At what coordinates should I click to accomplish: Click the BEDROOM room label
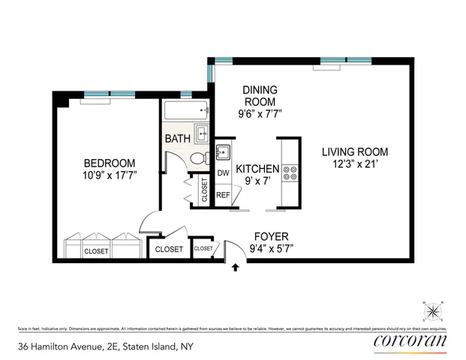tap(109, 163)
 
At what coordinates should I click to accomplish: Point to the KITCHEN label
tap(257, 169)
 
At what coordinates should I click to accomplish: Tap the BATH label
tap(178, 138)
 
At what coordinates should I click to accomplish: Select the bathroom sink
tap(202, 134)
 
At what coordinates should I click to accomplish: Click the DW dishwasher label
tap(223, 173)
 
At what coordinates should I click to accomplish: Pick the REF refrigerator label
tap(223, 195)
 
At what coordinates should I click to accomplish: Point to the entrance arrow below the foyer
tap(238, 266)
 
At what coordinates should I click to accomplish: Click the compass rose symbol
tap(433, 310)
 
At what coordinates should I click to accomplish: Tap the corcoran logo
tap(410, 342)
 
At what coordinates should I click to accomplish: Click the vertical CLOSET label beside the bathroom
tap(204, 190)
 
